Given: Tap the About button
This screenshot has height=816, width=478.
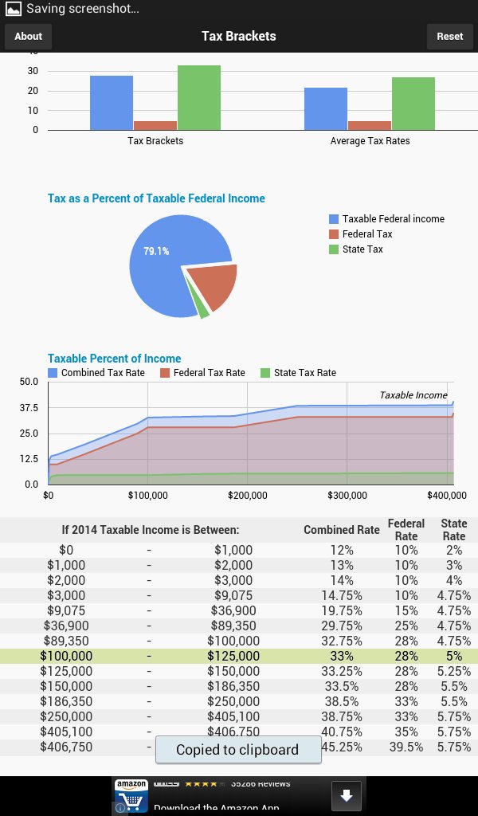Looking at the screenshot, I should point(28,36).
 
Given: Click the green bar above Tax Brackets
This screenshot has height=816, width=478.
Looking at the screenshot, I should point(199,97).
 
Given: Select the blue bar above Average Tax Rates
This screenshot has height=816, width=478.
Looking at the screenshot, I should point(326,108).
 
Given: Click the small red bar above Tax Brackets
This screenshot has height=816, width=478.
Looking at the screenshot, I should point(155,125).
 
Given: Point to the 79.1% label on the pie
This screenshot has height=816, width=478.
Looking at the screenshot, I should point(156,251).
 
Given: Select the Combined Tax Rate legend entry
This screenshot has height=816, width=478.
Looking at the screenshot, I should point(96,372).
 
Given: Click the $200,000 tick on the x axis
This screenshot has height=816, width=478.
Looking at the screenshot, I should point(247,495).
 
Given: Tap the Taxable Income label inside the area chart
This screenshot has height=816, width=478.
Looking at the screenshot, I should point(413,394).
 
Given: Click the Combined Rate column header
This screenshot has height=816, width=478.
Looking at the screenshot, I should point(341,530).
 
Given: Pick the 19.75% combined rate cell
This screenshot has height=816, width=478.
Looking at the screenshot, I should point(347,610).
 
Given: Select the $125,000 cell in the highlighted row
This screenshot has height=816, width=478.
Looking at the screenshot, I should point(233,656).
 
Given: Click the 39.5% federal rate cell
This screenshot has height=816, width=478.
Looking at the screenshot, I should point(406,747).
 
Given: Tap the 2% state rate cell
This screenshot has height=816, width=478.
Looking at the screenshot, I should point(454,550).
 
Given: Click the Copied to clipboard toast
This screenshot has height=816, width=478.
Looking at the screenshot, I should point(237,749).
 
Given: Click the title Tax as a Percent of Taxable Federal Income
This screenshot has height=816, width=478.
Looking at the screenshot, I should point(156,198).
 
